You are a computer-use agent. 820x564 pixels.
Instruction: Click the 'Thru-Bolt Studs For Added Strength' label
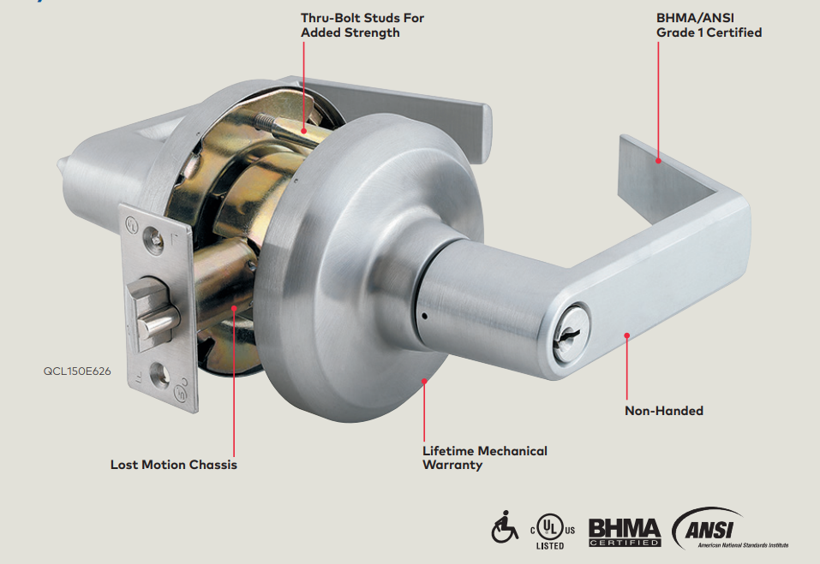(x=362, y=25)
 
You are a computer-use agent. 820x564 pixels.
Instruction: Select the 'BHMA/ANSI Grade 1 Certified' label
(x=709, y=25)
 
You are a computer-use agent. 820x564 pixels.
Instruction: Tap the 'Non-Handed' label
(x=663, y=411)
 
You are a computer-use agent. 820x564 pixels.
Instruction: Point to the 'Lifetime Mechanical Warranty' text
(x=484, y=458)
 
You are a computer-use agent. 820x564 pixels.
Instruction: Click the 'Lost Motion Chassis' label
(x=174, y=465)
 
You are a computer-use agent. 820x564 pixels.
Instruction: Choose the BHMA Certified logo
(x=625, y=531)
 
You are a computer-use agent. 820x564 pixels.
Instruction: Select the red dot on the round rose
(x=424, y=380)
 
